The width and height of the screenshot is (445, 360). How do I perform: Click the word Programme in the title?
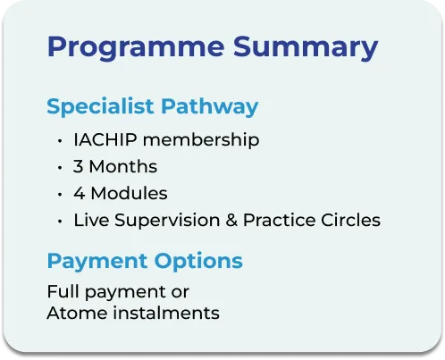(x=136, y=48)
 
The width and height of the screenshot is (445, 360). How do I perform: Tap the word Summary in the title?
(x=306, y=48)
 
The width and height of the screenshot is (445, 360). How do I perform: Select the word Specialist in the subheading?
(x=100, y=106)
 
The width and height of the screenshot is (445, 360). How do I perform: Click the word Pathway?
(x=210, y=106)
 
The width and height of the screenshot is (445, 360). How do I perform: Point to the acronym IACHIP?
(x=105, y=139)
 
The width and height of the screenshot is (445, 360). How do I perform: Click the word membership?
(x=201, y=139)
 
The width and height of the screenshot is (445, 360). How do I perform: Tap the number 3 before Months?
(x=78, y=166)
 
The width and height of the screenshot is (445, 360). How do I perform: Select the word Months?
(x=123, y=166)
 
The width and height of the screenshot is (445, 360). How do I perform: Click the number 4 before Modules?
(x=79, y=193)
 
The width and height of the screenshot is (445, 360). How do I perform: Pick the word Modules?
(x=129, y=193)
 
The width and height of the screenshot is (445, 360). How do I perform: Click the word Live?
(x=91, y=220)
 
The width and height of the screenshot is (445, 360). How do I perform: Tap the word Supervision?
(x=167, y=221)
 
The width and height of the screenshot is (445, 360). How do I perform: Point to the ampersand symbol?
(x=231, y=220)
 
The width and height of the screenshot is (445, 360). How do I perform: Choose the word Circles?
(x=350, y=220)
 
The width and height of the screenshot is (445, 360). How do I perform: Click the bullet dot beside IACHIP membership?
(x=60, y=140)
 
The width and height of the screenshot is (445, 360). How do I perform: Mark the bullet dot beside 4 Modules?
(x=60, y=195)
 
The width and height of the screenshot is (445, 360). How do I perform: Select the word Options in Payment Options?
(x=198, y=262)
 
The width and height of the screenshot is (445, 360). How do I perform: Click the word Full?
(x=63, y=291)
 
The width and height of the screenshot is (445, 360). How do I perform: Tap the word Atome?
(x=77, y=313)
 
